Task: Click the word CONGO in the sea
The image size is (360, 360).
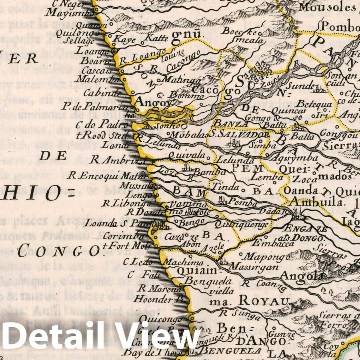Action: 58,251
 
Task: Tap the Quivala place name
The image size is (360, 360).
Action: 187,154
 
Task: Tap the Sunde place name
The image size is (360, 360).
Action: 300,86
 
